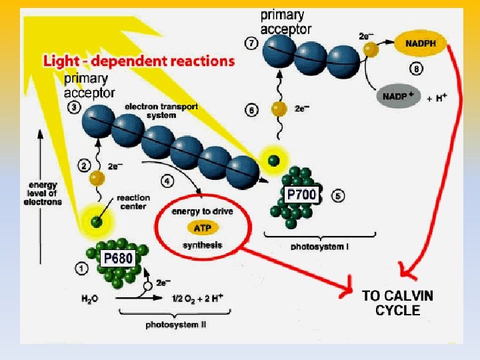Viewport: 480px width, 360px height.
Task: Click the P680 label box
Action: pos(117,258)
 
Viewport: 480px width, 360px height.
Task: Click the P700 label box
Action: pos(301,195)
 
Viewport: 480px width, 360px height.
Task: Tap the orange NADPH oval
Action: pos(421,45)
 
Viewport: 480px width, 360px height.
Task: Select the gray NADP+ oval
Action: pos(399,97)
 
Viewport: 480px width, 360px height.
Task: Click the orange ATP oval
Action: pos(202,229)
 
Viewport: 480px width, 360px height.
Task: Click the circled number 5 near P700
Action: pos(338,196)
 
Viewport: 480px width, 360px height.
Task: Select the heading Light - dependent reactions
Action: pos(139,61)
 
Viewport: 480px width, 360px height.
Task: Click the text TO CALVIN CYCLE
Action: pos(397,303)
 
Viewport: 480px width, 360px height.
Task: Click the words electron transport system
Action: pos(149,111)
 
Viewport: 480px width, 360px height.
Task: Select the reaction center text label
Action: pos(133,201)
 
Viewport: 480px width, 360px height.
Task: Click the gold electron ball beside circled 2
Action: pos(97,179)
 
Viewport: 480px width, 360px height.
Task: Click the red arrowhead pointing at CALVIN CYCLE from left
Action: pos(347,290)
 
